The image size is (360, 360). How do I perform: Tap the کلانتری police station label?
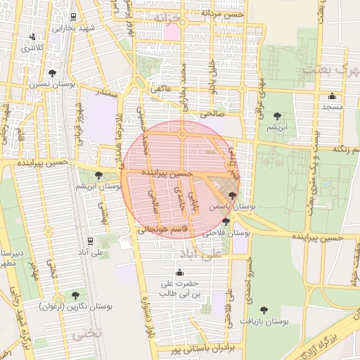click(x=32, y=48)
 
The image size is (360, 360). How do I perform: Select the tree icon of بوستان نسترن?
click(x=52, y=73)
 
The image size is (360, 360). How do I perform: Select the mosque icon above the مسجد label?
click(x=332, y=96)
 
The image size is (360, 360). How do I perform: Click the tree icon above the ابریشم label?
click(x=275, y=116)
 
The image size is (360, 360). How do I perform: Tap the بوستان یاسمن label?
click(x=232, y=207)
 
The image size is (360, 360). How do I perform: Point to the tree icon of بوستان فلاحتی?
click(x=226, y=221)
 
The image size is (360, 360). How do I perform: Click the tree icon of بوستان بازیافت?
click(x=264, y=309)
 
